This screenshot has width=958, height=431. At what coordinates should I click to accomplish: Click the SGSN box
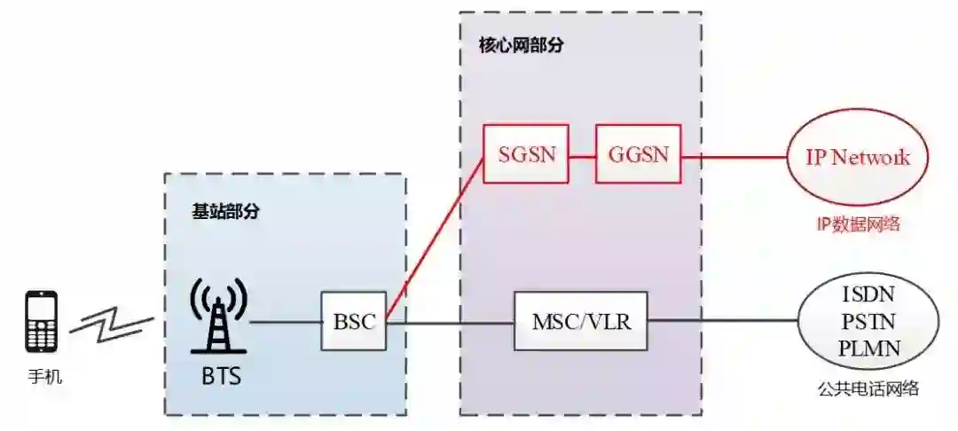(x=526, y=154)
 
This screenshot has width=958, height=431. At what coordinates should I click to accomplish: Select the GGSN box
(x=638, y=154)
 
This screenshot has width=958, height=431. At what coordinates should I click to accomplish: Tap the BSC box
(x=354, y=321)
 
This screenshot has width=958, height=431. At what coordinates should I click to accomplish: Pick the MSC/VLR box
(x=581, y=321)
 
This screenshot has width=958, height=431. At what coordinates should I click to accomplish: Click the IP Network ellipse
(x=857, y=158)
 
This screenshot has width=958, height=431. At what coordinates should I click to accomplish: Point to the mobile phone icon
(x=42, y=321)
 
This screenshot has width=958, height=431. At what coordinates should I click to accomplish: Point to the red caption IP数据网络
(x=858, y=223)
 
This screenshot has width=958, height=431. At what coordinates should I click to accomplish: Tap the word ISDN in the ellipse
(x=868, y=294)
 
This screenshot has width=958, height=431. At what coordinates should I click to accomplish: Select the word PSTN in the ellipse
(x=868, y=321)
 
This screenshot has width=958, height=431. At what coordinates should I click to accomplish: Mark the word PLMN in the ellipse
(x=868, y=348)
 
